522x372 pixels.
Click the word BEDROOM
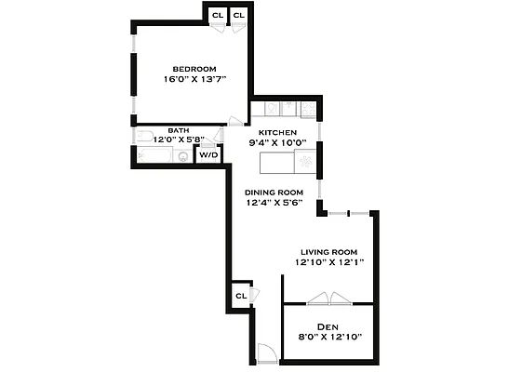[x=194, y=69]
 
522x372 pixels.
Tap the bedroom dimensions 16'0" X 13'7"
[x=194, y=79]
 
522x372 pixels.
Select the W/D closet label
[x=209, y=154]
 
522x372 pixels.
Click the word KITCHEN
[x=277, y=133]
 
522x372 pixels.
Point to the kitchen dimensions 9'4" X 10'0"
[x=277, y=143]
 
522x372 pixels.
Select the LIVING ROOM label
[x=328, y=252]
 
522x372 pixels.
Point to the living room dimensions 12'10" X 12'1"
[x=328, y=262]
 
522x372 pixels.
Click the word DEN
[x=328, y=326]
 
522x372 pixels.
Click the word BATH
[x=178, y=130]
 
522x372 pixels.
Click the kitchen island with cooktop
[x=288, y=164]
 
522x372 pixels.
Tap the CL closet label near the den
[x=240, y=296]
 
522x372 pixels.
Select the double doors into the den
[x=329, y=299]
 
